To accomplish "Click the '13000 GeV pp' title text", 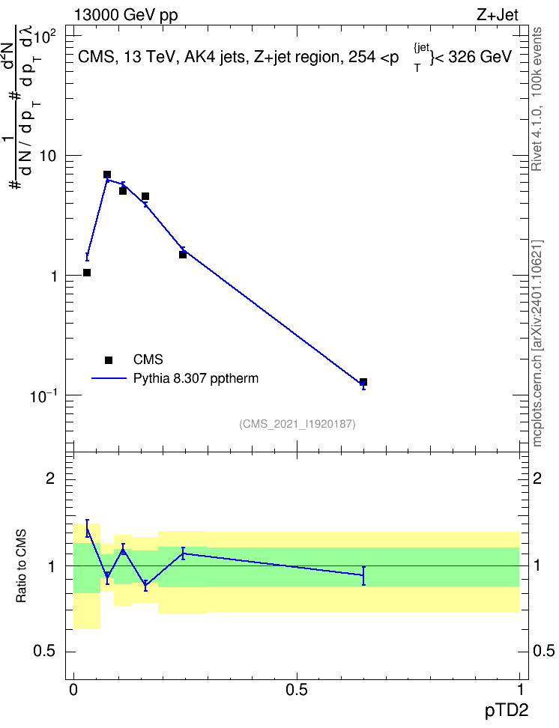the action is coord(125,15).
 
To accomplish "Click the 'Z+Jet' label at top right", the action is coord(498,15).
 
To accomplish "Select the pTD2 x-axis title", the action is coord(507,711).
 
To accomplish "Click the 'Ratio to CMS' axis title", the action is coord(21,566).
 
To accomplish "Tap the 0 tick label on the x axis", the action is coord(73,690).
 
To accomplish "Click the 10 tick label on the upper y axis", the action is coord(48,156).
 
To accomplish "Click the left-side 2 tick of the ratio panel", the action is coord(50,478).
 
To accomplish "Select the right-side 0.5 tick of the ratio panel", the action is coord(543,651).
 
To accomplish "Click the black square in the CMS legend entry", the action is coord(109,360).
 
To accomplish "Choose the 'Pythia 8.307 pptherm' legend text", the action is coord(196,378).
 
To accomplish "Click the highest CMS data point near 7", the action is coord(107,175).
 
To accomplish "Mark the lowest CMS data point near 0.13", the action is coord(363,382).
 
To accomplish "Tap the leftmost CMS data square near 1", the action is coord(87,273).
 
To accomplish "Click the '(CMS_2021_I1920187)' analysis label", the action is coord(297,424).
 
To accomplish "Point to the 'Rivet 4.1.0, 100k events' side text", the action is coord(537,99).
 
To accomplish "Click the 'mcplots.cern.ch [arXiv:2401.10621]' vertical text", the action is coord(537,343).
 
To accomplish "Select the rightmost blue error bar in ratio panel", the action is coord(363,576).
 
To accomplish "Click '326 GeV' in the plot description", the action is coord(480,57).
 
